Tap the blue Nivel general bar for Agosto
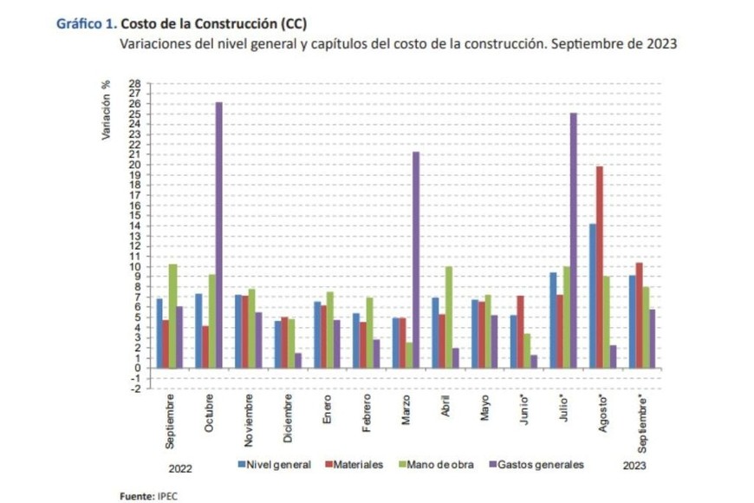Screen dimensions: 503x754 coord(591,295)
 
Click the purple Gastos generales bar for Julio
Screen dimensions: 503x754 coord(573,239)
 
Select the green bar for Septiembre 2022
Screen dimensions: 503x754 coord(173,316)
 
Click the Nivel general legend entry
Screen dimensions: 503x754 coord(274,465)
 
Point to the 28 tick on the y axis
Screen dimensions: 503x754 coord(134,83)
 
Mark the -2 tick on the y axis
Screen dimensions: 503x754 coord(134,389)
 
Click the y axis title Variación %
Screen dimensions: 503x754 coord(107,110)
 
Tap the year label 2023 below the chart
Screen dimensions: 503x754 coord(634,466)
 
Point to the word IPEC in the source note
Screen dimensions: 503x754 coord(167,496)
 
